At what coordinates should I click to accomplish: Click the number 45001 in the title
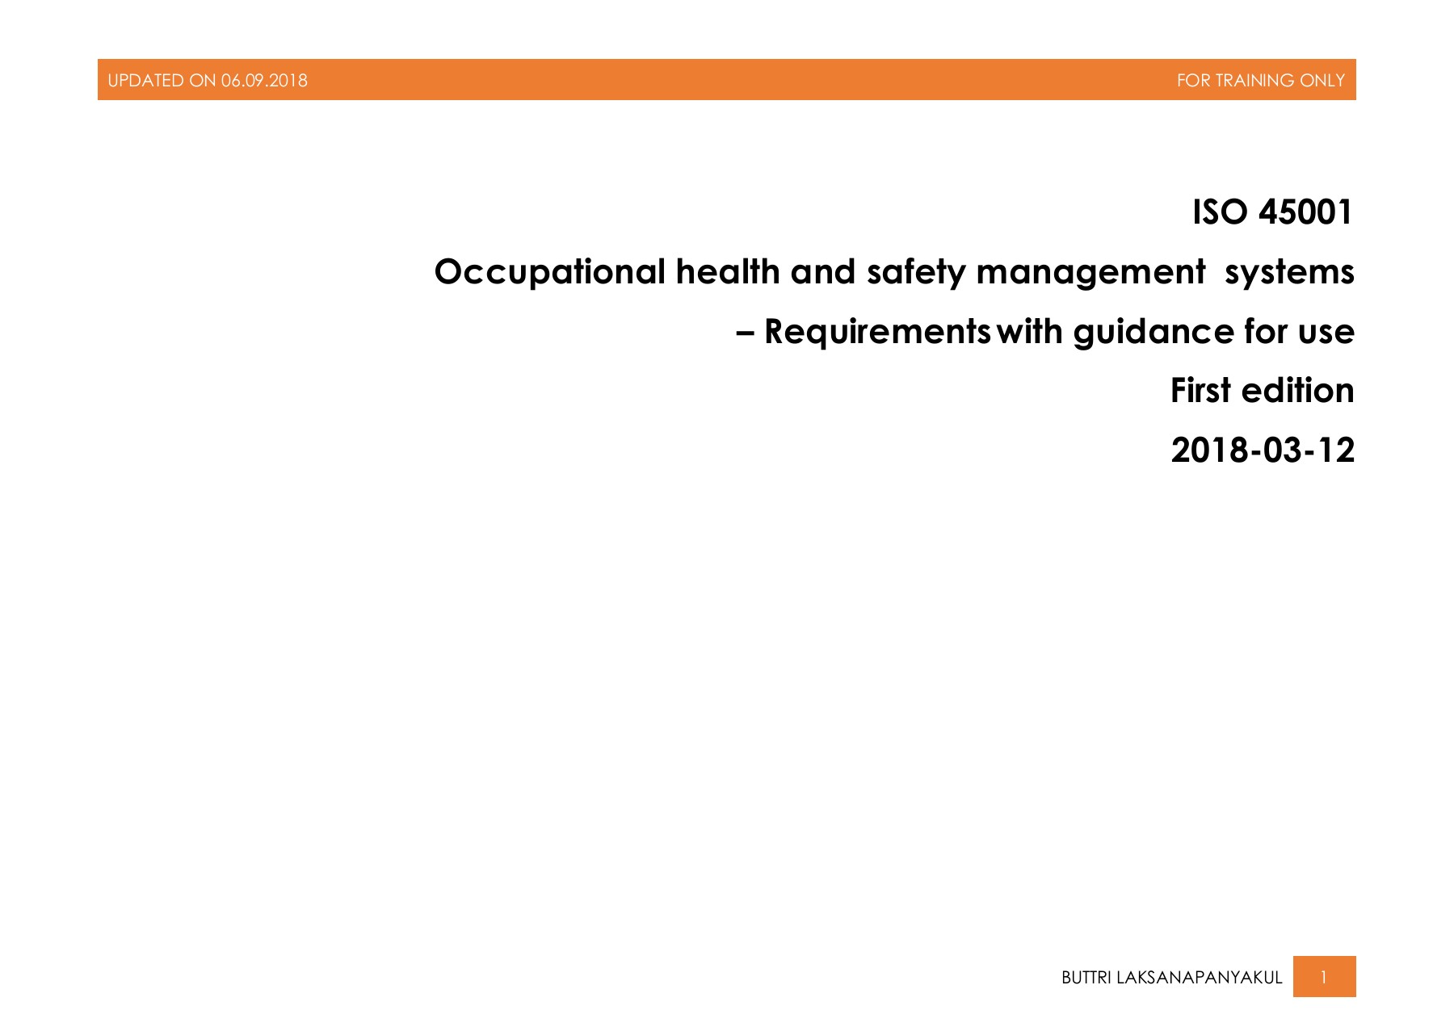click(1305, 212)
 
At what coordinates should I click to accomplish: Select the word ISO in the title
click(1221, 212)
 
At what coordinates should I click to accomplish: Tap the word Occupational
click(550, 273)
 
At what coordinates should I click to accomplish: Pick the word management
click(1090, 273)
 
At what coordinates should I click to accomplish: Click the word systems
click(1289, 273)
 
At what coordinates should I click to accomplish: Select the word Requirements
click(877, 333)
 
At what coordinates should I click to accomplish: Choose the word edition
click(1297, 391)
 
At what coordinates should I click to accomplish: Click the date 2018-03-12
click(1263, 451)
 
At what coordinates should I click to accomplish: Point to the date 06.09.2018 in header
click(264, 81)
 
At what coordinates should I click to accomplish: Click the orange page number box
click(1324, 977)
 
